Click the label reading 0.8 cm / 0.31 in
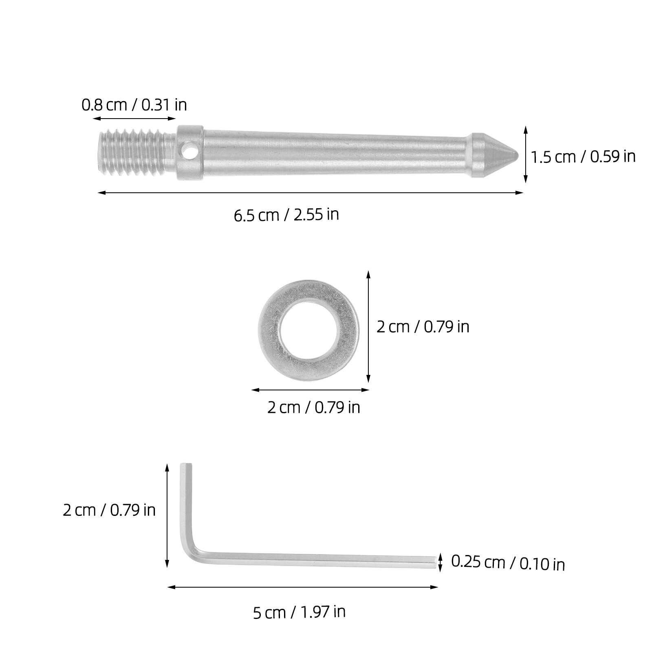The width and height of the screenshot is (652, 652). coord(134,105)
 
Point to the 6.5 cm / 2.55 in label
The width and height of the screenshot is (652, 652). coord(286,214)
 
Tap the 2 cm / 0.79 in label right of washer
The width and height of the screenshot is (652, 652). coord(423,326)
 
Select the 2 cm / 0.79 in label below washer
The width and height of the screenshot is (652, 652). coord(313,407)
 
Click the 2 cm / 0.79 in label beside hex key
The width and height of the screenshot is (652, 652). coord(109,510)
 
